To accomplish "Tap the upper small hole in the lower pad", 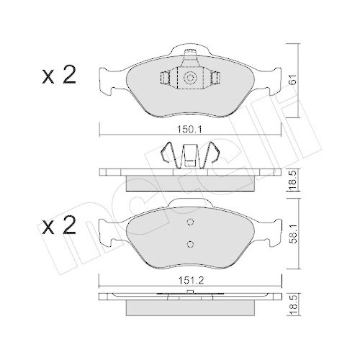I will pos(190,222).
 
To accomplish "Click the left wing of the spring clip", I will pos(166,154).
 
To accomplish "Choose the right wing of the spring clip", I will pos(214,154).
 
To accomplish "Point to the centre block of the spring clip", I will pos(190,156).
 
